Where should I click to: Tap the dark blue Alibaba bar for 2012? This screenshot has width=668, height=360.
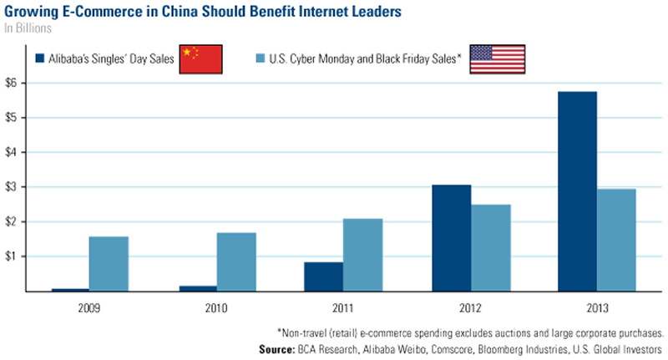[451, 237]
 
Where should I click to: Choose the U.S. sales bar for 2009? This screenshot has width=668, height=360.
[109, 263]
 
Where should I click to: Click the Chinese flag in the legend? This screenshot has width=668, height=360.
[200, 59]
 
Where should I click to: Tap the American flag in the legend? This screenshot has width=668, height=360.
[497, 59]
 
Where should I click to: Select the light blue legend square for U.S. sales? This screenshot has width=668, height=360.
[259, 59]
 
